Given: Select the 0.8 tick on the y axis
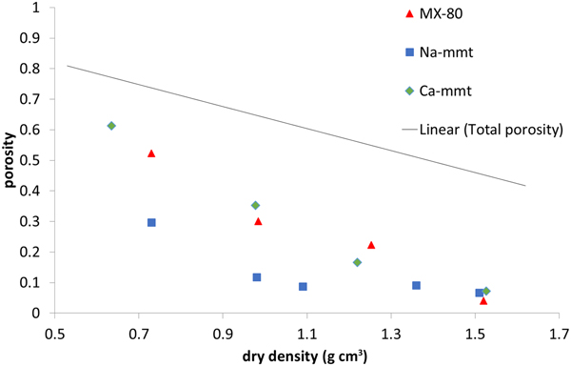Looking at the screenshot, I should pos(34,69).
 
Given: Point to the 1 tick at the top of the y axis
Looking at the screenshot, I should pos(40,8).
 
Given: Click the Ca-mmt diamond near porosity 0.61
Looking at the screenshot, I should pos(111,126).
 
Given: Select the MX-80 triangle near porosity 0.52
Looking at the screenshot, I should pos(151,153).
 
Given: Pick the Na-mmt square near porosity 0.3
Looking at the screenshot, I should pos(151,222).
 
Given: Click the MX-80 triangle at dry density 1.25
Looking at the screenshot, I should pos(371,245).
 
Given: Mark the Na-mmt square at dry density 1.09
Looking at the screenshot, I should pos(303,286).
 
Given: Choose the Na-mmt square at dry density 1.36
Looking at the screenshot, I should pos(416,285).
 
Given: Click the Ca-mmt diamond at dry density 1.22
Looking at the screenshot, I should pos(357,262).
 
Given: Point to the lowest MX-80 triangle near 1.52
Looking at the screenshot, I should pos(483,300).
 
